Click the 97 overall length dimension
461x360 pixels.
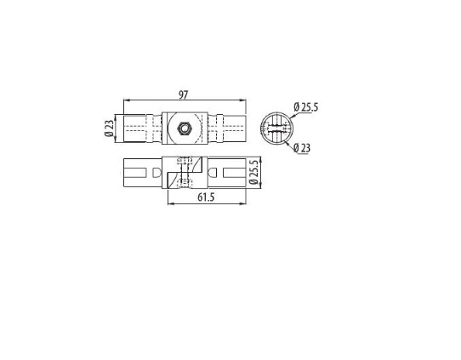pos(183,94)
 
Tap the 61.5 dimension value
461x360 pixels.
pos(206,197)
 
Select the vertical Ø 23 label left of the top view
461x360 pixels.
pos(109,129)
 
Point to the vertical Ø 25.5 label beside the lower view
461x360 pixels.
pos(253,172)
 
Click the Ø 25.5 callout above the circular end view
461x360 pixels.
pos(305,107)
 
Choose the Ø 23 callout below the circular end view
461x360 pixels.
pos(302,147)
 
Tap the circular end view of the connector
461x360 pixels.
pos(276,129)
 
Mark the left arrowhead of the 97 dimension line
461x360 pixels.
pos(127,100)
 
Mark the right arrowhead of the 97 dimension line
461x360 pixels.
pos(243,100)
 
